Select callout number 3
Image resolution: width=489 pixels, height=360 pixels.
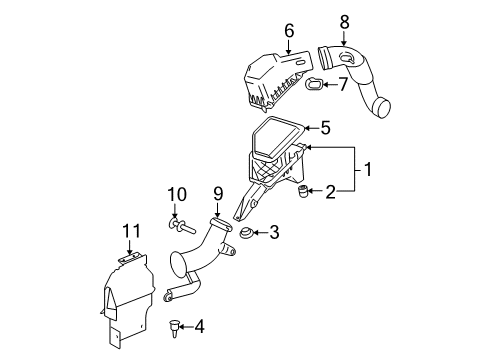pyautogui.click(x=272, y=232)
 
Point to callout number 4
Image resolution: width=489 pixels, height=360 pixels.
pyautogui.click(x=198, y=324)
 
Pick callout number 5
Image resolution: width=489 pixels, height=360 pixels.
pyautogui.click(x=323, y=127)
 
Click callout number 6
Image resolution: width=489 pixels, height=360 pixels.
pyautogui.click(x=288, y=32)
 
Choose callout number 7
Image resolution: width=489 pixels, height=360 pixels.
pyautogui.click(x=342, y=84)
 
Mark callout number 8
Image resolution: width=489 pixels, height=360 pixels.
pyautogui.click(x=344, y=20)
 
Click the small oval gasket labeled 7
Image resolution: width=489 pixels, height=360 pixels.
pyautogui.click(x=314, y=87)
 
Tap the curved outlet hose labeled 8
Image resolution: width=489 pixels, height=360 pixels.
pyautogui.click(x=360, y=75)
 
